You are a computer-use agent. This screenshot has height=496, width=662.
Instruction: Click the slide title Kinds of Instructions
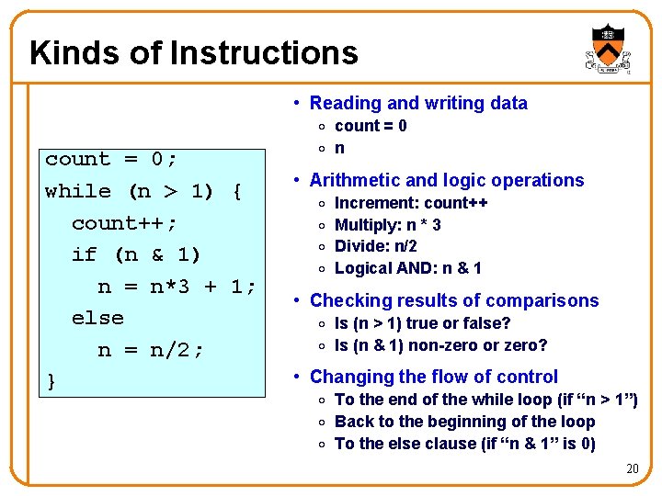193,52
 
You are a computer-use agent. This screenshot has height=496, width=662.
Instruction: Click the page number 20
632,469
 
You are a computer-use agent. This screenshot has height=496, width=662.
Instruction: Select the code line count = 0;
111,159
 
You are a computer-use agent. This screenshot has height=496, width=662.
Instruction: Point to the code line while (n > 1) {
143,191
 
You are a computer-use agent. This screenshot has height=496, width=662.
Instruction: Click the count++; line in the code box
124,223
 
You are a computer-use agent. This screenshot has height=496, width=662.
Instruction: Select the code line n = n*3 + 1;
177,287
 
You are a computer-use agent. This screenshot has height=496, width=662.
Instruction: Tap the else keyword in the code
97,318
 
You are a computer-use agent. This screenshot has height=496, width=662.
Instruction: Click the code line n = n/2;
151,350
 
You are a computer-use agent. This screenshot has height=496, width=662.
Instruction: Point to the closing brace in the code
51,381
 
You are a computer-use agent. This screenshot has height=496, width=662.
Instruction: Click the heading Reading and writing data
418,103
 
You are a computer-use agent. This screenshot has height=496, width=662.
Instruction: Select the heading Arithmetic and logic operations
447,180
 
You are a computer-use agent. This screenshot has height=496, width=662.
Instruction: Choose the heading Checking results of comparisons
453,300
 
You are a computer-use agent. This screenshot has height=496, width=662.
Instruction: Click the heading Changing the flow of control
433,377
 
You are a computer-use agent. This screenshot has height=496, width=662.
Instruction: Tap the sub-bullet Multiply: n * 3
387,225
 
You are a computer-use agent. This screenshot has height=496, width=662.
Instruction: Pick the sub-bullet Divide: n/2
375,246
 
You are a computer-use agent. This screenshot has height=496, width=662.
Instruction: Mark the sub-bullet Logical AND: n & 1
407,268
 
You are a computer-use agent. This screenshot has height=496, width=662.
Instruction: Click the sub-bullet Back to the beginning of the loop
464,422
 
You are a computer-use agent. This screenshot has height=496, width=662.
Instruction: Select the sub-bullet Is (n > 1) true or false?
422,323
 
